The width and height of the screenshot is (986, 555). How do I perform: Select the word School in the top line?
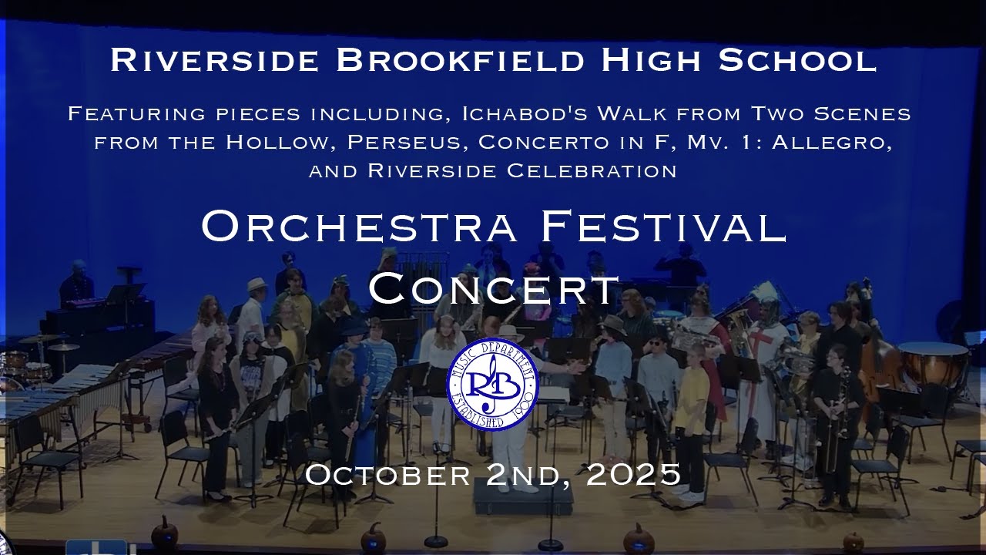797,60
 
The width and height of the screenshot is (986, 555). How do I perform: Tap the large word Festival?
663,227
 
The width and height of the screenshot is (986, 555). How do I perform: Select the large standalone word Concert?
494,288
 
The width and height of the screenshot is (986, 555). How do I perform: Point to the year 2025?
633,474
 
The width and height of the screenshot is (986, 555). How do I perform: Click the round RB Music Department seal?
493,383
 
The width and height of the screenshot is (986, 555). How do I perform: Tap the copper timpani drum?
933,362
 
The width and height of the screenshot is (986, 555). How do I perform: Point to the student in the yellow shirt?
691,393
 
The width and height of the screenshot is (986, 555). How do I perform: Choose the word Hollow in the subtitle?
280,143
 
